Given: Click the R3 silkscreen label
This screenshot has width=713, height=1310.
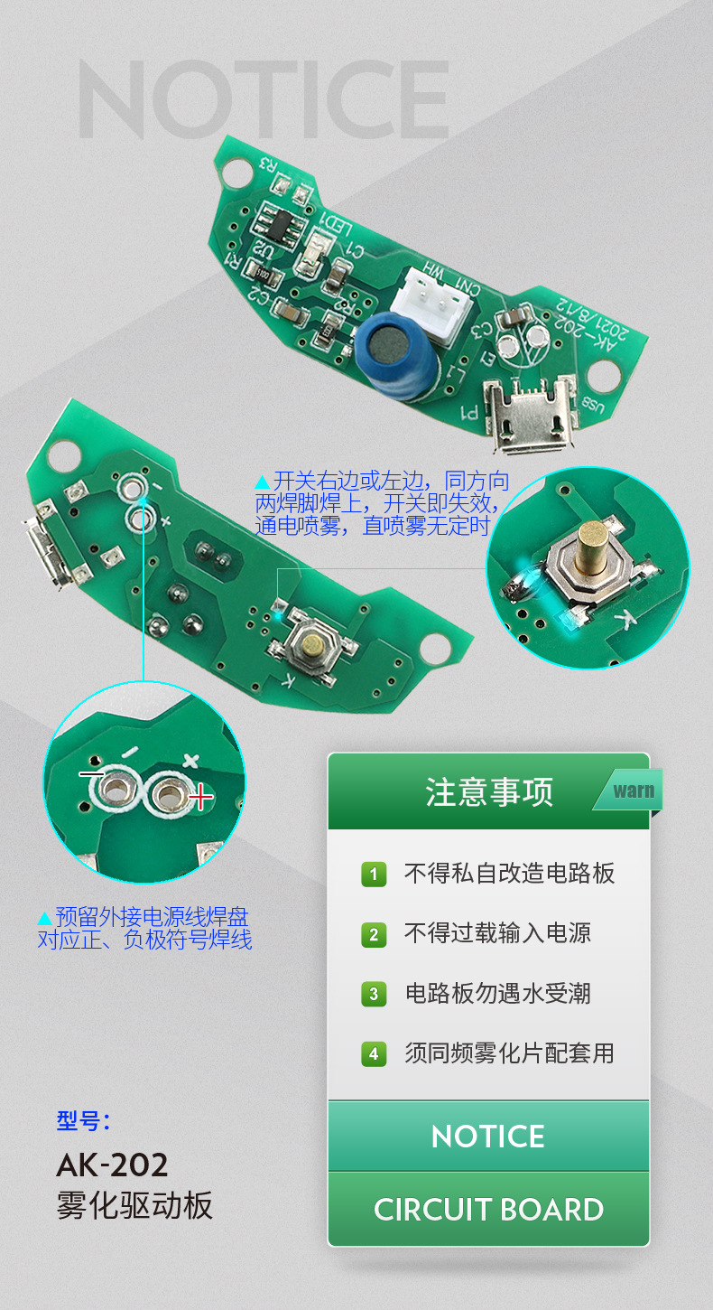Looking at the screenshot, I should tap(269, 164).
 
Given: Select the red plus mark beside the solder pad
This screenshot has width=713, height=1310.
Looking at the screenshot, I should tap(200, 797).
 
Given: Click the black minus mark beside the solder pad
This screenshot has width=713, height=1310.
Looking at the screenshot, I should tap(91, 775).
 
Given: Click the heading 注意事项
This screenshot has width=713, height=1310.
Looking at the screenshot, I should tap(489, 792).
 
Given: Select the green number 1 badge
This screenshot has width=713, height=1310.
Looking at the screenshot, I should tap(374, 875).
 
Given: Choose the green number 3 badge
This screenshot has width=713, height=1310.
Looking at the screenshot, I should tap(374, 995).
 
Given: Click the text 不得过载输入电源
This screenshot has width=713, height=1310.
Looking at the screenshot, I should tap(497, 933).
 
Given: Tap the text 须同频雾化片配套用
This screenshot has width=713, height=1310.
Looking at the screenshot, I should tap(509, 1053).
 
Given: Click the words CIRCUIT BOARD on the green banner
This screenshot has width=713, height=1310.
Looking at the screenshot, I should tap(488, 1210).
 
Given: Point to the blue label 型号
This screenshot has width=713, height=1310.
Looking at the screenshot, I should tap(82, 1121).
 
